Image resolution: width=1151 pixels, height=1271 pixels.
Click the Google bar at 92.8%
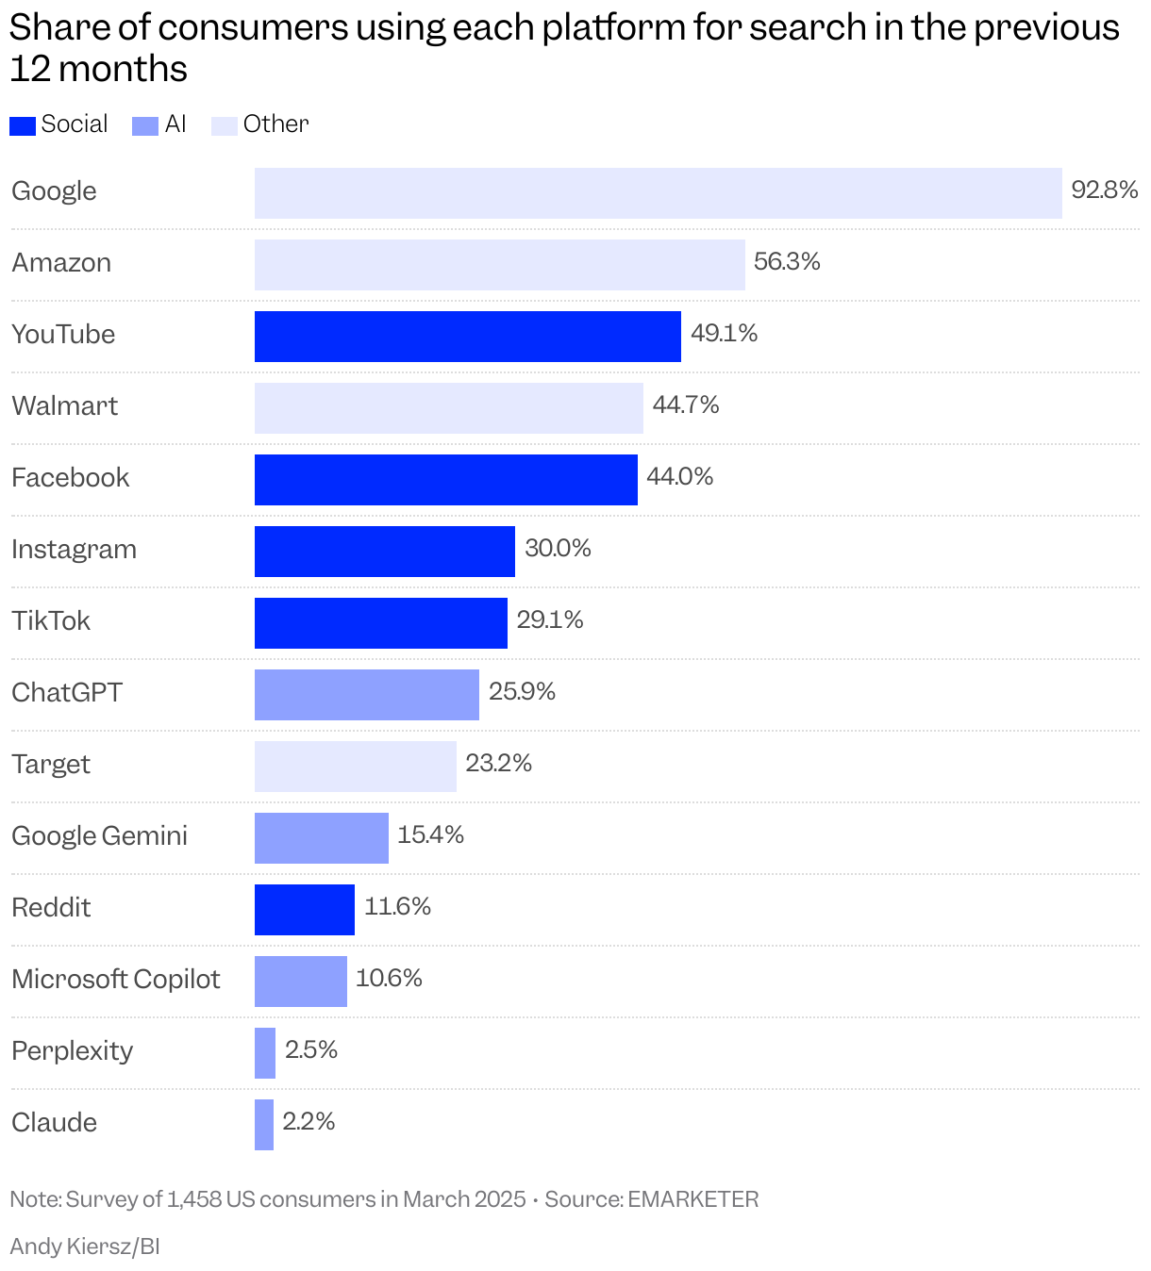658,193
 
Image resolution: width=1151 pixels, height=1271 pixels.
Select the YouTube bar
467,337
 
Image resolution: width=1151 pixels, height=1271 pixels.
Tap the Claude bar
264,1125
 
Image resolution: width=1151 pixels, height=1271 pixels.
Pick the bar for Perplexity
265,1053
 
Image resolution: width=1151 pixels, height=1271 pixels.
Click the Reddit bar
305,910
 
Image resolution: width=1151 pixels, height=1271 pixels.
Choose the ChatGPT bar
366,695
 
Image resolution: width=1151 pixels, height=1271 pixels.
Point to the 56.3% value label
787,262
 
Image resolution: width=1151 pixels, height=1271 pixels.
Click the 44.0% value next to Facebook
679,477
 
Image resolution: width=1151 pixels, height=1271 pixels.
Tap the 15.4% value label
430,835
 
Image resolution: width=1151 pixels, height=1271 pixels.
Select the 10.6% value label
389,979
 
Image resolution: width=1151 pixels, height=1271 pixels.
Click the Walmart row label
64,406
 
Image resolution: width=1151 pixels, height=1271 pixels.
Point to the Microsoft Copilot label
115,980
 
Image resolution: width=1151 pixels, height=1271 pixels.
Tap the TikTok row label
51,621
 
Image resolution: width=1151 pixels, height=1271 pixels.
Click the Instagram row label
74,550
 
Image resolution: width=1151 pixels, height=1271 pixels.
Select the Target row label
51,765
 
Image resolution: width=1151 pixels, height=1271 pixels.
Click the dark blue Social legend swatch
23,125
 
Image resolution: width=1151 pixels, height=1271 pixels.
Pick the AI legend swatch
145,125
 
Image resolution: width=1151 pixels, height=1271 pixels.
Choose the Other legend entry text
275,124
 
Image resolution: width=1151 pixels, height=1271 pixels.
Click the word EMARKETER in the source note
692,1199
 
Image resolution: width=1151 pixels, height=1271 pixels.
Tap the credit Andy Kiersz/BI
85,1246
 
